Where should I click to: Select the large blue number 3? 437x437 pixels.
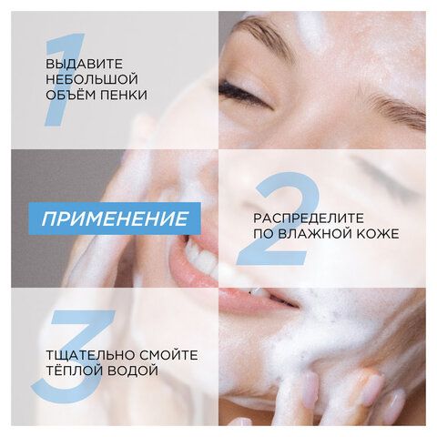click(x=65, y=358)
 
